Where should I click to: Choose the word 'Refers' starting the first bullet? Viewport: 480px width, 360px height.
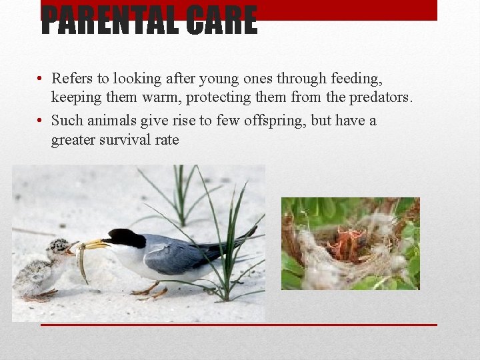tap(73, 79)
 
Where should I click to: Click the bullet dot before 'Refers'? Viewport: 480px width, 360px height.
tap(41, 79)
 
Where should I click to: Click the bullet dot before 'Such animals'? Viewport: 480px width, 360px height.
tap(41, 121)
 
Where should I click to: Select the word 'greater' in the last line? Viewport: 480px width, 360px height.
tap(74, 139)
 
